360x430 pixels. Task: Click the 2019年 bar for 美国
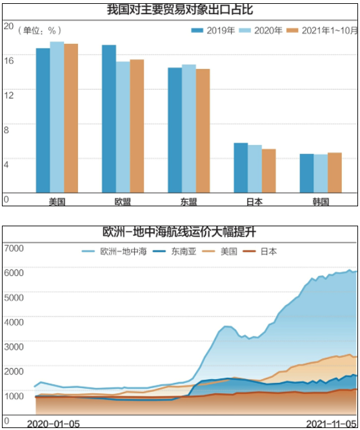point(43,121)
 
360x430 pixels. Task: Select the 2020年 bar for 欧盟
point(123,127)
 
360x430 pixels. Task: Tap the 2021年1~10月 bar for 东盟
point(203,131)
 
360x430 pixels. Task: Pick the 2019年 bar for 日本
point(241,168)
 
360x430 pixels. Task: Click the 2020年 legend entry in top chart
point(257,30)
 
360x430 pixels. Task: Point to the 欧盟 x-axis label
point(123,201)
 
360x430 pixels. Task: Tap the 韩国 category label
point(320,201)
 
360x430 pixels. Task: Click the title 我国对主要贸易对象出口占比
point(180,9)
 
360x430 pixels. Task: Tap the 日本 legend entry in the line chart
point(261,251)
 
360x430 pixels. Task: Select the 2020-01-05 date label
point(53,423)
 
